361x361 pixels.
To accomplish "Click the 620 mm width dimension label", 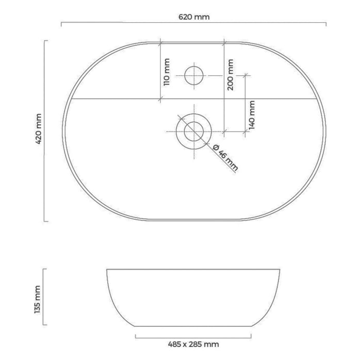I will [x=194, y=17].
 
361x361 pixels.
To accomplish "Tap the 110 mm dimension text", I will [x=166, y=72].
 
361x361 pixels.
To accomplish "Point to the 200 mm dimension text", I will [x=230, y=75].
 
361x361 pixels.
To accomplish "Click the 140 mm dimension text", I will [x=252, y=114].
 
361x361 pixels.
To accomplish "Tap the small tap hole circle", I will [x=194, y=75].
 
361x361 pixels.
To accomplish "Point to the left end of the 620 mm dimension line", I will [x=61, y=23].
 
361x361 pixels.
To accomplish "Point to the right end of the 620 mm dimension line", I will [x=326, y=23].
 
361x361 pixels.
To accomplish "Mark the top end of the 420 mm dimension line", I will [x=45, y=41].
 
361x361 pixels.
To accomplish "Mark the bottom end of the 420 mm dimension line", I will [x=45, y=221].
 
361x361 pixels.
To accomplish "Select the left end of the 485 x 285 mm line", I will [x=135, y=336].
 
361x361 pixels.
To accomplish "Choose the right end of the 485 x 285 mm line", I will [x=251, y=336].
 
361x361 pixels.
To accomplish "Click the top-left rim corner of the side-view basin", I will [x=107, y=269].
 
